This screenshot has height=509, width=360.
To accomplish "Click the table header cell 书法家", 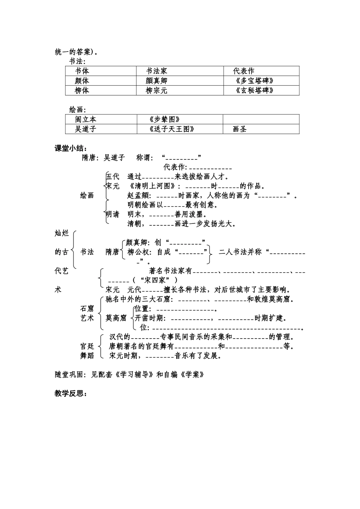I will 157,71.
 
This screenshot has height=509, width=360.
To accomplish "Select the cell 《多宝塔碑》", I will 254,81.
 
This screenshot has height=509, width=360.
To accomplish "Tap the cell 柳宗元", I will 157,91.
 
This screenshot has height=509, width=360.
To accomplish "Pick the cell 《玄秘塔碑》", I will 254,91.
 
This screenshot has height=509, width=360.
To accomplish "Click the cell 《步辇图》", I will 162,119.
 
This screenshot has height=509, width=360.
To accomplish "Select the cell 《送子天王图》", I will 172,129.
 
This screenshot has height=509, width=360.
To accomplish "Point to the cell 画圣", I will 239,129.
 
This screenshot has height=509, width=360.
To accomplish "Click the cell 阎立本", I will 86,119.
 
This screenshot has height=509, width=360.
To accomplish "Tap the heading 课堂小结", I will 71,148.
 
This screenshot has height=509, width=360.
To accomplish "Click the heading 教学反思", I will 71,393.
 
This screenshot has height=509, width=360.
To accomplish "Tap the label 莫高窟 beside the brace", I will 116,318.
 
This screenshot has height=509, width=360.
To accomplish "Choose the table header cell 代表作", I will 244,71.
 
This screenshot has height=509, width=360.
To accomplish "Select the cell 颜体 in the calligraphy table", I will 82,81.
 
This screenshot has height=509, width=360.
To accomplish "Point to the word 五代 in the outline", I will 113,176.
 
